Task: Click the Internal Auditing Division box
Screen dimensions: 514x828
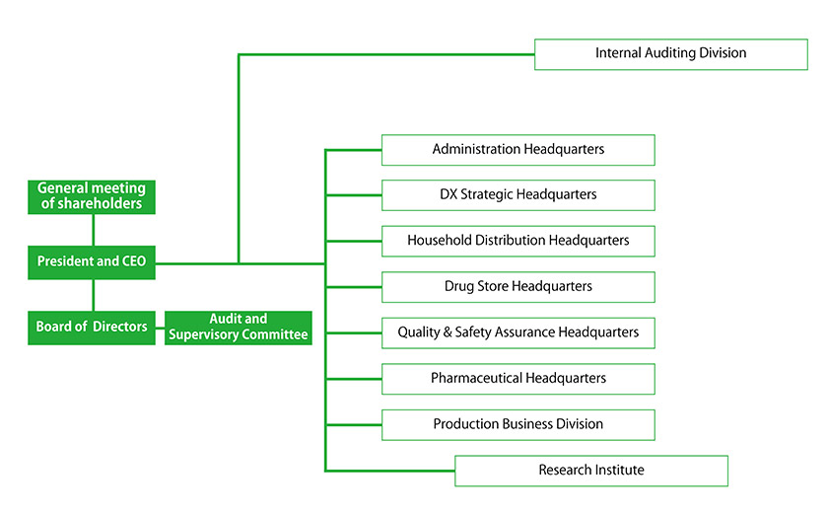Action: [x=670, y=53]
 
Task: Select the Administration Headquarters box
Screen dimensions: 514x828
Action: [x=517, y=149]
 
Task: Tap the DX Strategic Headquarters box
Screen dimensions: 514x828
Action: [x=517, y=194]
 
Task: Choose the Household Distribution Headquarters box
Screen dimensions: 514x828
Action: [x=517, y=240]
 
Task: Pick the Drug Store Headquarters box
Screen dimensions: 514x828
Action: [x=517, y=286]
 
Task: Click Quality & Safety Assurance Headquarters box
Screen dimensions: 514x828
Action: [x=517, y=332]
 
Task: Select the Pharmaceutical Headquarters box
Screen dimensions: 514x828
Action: [x=517, y=378]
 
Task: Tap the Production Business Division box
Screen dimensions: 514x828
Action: [x=517, y=424]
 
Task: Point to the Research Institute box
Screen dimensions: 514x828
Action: [x=590, y=470]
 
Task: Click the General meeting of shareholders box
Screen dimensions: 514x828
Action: [x=92, y=196]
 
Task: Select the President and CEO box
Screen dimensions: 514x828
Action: [x=92, y=261]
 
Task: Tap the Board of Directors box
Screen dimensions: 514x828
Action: [x=92, y=327]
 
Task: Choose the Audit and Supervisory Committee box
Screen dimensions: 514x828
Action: [x=239, y=327]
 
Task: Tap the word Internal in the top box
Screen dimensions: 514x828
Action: [x=619, y=53]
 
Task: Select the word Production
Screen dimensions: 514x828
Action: [x=465, y=424]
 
